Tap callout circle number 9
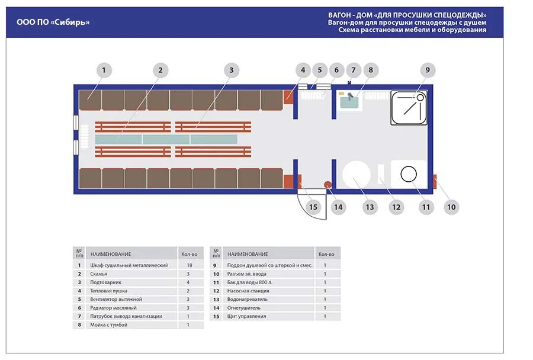[427, 70]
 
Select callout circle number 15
[313, 207]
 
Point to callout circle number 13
[370, 207]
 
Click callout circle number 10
[451, 207]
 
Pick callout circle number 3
[232, 70]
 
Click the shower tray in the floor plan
[409, 107]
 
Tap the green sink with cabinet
[352, 101]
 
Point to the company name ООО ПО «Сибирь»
[53, 22]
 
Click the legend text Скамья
[99, 274]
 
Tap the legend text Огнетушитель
[244, 308]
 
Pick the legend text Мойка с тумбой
[109, 325]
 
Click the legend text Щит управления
[247, 316]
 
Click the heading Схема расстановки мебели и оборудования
[413, 30]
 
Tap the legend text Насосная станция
[248, 291]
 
